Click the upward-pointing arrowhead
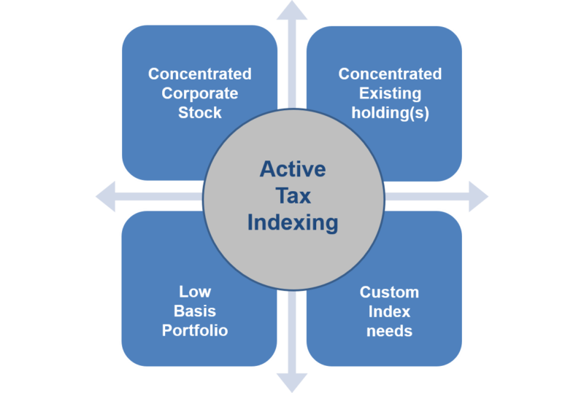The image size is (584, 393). tap(292, 10)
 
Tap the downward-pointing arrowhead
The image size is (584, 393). tap(292, 383)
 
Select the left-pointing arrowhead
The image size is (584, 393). tap(106, 197)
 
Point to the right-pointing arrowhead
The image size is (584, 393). tap(479, 197)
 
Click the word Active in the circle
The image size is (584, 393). tap(293, 169)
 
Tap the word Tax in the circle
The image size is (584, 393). tap(293, 195)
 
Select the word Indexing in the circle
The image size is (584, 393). tap(293, 223)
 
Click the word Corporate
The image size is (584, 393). tap(199, 93)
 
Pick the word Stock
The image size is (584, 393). tap(199, 112)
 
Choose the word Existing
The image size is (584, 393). tap(390, 93)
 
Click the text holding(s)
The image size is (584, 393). tap(390, 113)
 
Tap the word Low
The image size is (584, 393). tap(195, 292)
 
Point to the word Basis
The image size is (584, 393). tap(195, 311)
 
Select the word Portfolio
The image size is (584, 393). tap(195, 330)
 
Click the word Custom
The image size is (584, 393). tap(389, 292)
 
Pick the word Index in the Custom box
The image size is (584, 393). tap(389, 312)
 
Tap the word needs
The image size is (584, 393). tap(389, 331)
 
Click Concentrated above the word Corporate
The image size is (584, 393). tap(199, 74)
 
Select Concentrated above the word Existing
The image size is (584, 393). tap(390, 74)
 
